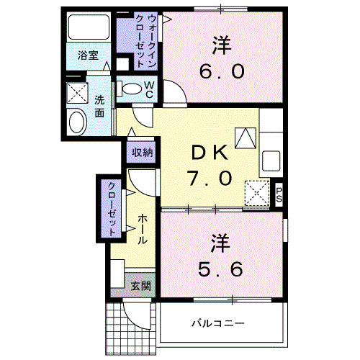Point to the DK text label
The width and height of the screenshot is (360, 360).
210,153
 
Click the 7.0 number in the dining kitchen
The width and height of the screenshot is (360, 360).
210,176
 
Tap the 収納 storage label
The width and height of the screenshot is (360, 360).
142,153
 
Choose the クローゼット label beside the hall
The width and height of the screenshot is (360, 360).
112,209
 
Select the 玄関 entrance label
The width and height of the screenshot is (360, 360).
140,286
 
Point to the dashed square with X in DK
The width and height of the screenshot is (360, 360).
256,192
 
